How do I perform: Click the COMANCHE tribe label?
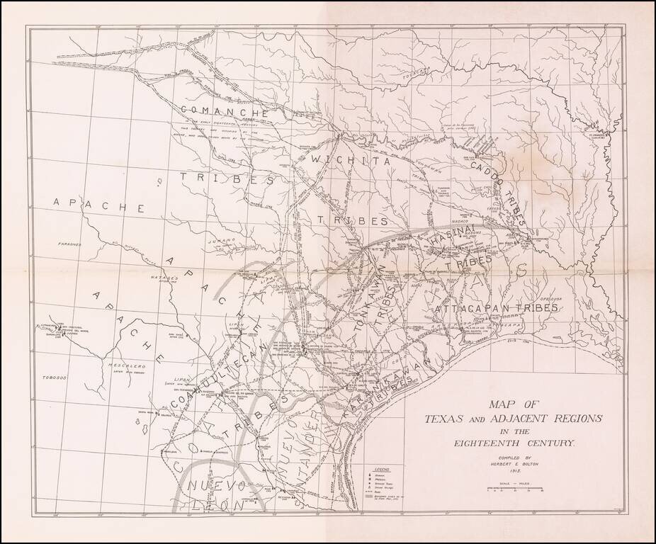pyautogui.click(x=223, y=111)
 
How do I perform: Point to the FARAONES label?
pyautogui.click(x=70, y=244)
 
